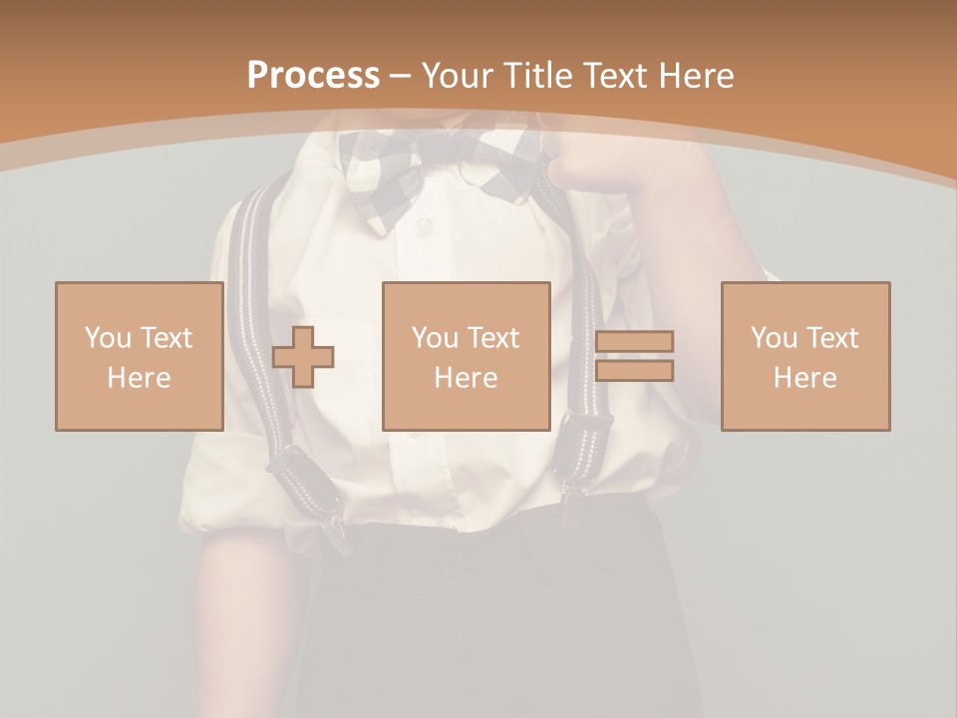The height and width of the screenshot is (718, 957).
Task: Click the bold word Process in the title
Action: pos(313,76)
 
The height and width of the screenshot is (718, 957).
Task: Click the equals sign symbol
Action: pos(635,356)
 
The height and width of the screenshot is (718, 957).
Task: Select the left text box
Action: pos(140,356)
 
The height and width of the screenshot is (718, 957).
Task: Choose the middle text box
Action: pos(467,356)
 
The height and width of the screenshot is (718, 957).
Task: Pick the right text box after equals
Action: pos(805,356)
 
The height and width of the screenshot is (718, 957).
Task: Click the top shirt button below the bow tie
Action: pos(423,228)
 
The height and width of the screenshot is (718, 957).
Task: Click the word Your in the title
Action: pos(454,76)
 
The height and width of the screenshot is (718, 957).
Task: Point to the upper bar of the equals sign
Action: pos(635,342)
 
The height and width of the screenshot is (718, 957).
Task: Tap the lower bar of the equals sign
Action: pos(635,370)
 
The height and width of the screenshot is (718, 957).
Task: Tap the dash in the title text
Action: pos(401,76)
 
